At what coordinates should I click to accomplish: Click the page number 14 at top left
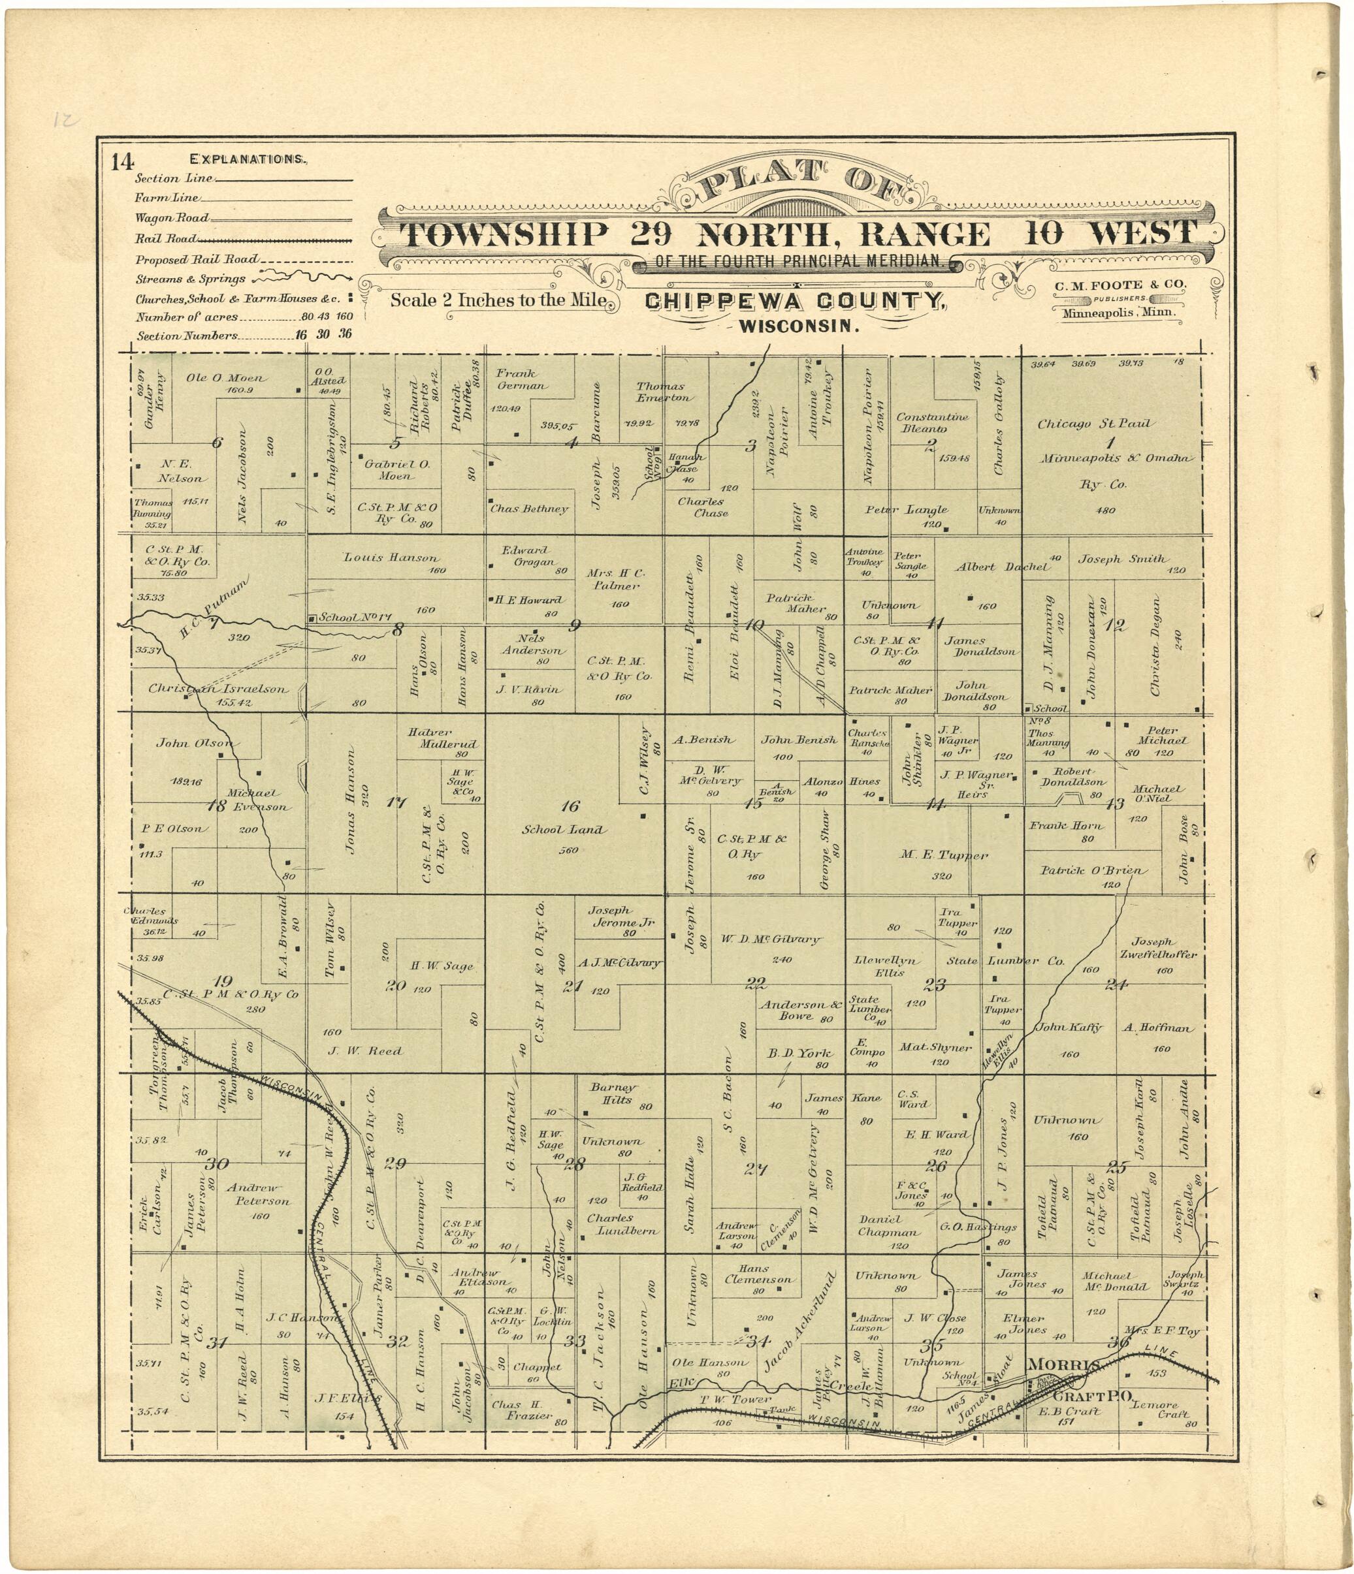[x=122, y=162]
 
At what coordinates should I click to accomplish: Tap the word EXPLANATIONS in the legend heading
[x=248, y=159]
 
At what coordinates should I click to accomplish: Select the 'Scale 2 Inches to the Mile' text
[x=498, y=300]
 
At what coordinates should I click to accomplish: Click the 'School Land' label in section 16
[x=563, y=830]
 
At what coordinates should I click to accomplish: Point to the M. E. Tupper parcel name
[x=944, y=855]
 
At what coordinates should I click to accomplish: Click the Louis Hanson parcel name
[x=391, y=558]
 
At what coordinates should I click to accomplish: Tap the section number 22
[x=755, y=984]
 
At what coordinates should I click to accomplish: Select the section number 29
[x=395, y=1163]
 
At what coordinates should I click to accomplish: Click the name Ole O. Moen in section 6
[x=226, y=377]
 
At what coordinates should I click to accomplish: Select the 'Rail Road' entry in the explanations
[x=167, y=238]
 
